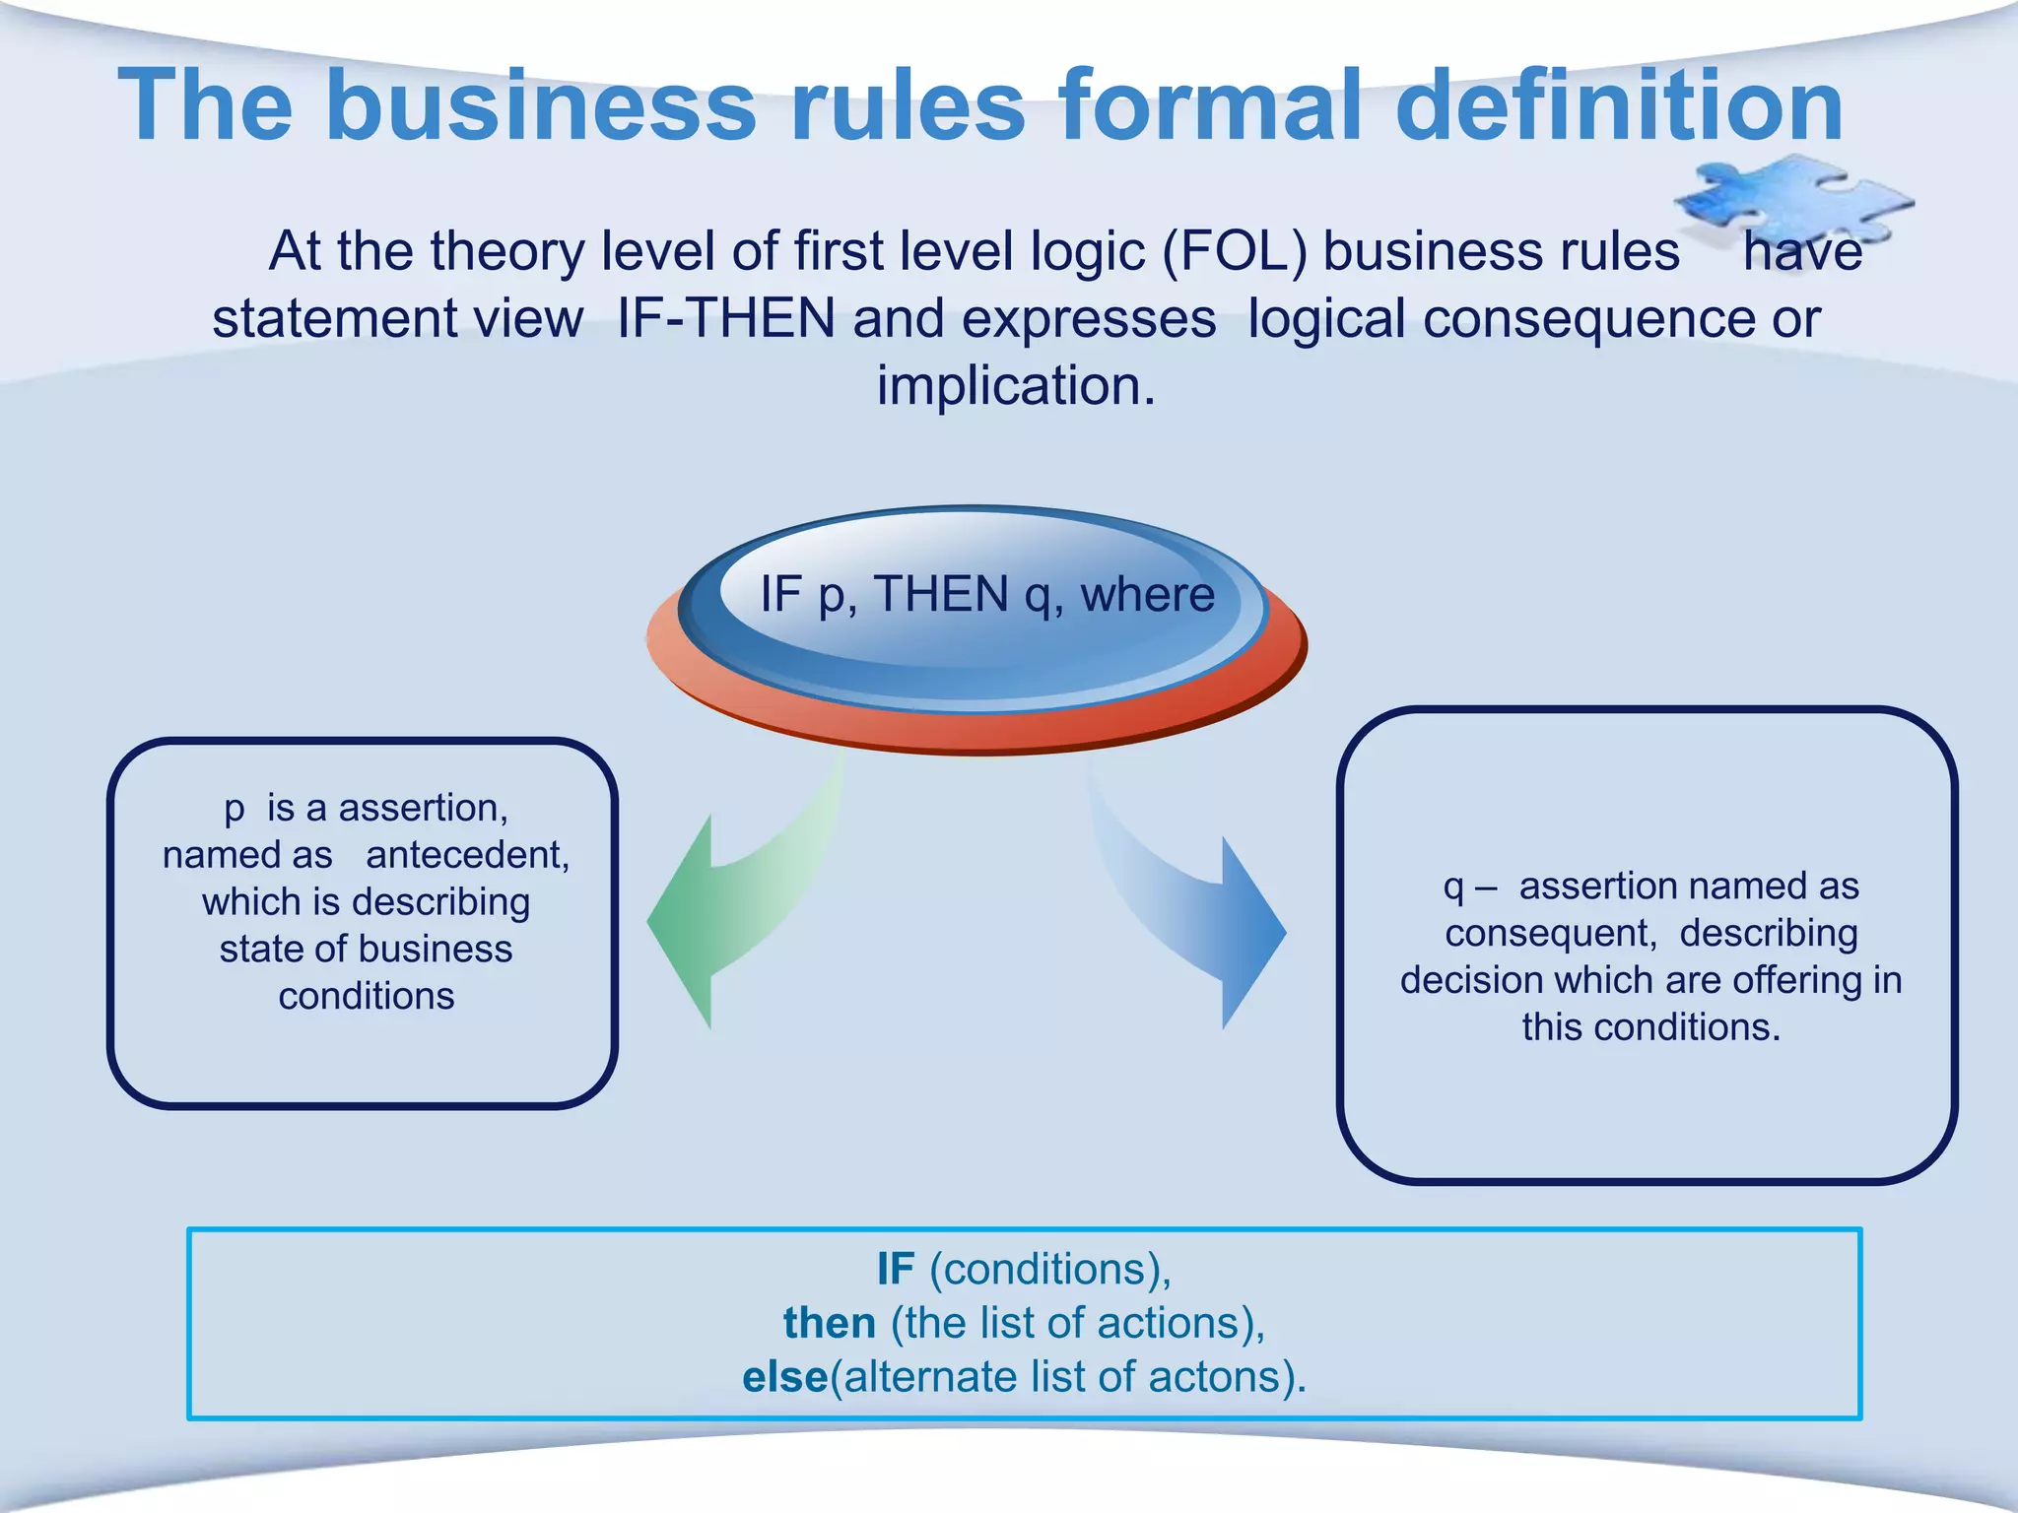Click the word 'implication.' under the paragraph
pyautogui.click(x=1016, y=385)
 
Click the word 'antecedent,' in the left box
pyautogui.click(x=467, y=855)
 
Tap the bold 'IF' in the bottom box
pyautogui.click(x=895, y=1269)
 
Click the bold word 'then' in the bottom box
pyautogui.click(x=829, y=1323)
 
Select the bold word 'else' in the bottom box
pyautogui.click(x=784, y=1377)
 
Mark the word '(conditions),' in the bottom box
pyautogui.click(x=1050, y=1269)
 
